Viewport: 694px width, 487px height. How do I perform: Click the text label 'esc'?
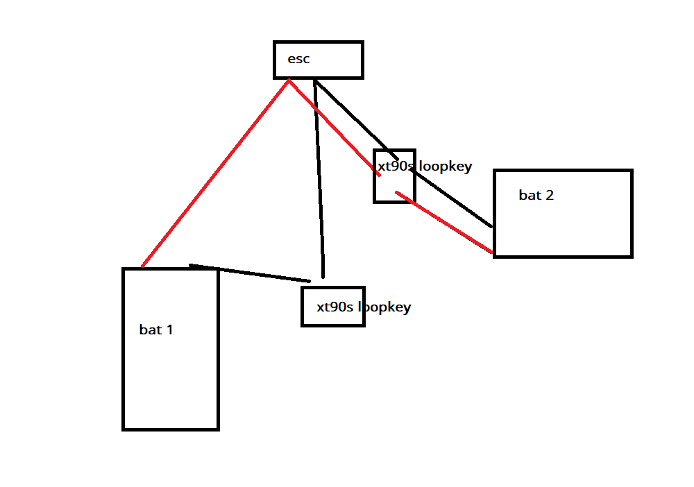coord(298,59)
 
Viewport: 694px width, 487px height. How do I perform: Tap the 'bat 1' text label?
coord(155,330)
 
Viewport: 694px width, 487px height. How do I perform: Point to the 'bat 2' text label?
coord(536,195)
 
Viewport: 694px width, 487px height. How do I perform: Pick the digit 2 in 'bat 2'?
coord(550,195)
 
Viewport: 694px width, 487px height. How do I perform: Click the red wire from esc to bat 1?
coord(215,173)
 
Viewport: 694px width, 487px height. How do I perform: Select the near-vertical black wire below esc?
coord(319,179)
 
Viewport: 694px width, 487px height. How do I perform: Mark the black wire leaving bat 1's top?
coord(250,273)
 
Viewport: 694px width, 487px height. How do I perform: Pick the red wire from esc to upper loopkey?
coord(335,128)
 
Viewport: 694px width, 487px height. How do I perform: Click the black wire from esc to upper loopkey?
coord(356,120)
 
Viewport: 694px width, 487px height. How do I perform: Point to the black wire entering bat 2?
coord(452,198)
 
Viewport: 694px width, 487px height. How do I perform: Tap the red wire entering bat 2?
coord(444,222)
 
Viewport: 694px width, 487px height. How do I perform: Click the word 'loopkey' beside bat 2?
coord(446,166)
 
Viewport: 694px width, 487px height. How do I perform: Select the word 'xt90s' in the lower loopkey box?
coord(335,307)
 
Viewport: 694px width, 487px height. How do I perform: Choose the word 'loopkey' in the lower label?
coord(384,307)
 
